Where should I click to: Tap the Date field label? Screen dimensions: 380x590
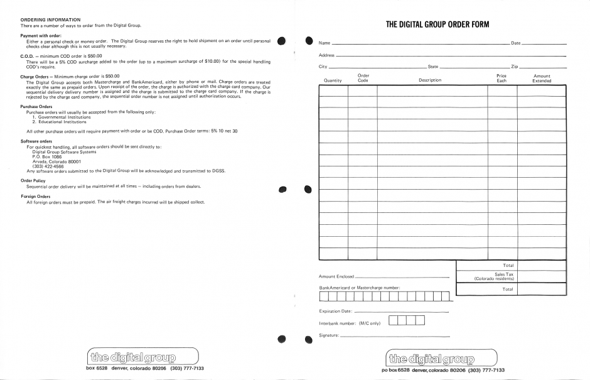coord(516,43)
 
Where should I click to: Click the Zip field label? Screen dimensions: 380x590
coord(514,67)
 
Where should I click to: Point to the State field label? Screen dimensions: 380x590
coord(432,67)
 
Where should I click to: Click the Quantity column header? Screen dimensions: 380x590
coord(333,80)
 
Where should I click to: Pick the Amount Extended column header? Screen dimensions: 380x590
coord(542,79)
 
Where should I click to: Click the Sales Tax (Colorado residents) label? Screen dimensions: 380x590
coord(495,276)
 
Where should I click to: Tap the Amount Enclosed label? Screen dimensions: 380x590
coord(336,276)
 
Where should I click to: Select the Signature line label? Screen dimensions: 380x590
coord(329,335)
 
